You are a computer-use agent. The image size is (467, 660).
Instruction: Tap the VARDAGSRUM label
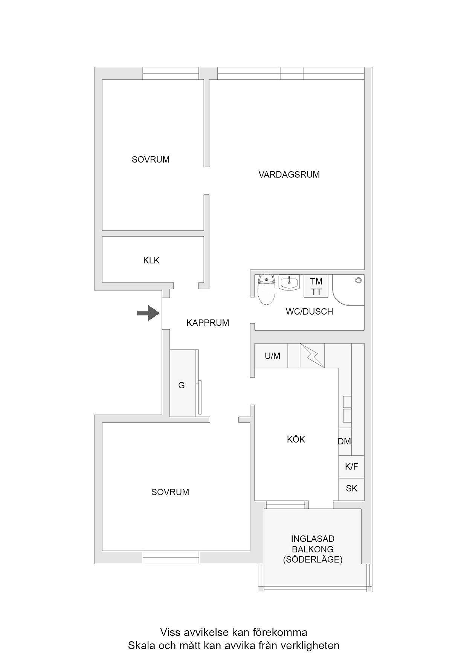pyautogui.click(x=289, y=175)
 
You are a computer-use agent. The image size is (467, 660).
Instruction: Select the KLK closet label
pyautogui.click(x=151, y=260)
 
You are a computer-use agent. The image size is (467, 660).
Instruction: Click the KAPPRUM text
pyautogui.click(x=208, y=323)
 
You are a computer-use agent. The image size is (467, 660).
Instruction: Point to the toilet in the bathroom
pyautogui.click(x=266, y=289)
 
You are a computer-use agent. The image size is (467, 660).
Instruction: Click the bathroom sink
pyautogui.click(x=289, y=282)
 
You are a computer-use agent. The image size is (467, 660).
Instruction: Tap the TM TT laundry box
pyautogui.click(x=316, y=286)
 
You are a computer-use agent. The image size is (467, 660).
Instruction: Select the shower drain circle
pyautogui.click(x=358, y=280)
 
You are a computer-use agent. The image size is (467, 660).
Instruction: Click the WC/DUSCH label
pyautogui.click(x=309, y=312)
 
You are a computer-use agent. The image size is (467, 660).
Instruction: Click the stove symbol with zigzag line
pyautogui.click(x=312, y=356)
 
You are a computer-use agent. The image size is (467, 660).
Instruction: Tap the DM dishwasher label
pyautogui.click(x=344, y=442)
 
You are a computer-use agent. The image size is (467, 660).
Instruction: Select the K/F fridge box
pyautogui.click(x=351, y=467)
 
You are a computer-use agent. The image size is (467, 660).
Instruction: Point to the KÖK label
pyautogui.click(x=296, y=439)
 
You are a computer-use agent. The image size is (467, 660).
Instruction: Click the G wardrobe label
pyautogui.click(x=182, y=385)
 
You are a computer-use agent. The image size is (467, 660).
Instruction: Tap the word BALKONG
pyautogui.click(x=313, y=549)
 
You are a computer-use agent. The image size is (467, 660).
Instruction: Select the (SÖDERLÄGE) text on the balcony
pyautogui.click(x=313, y=560)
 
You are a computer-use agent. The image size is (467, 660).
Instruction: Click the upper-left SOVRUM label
pyautogui.click(x=151, y=160)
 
